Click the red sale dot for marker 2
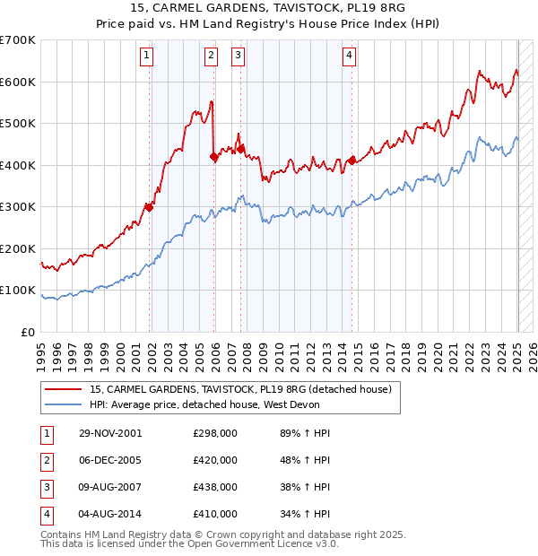click(x=214, y=157)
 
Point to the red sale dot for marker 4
click(x=352, y=161)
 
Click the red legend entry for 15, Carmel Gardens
click(x=240, y=389)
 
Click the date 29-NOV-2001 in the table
click(x=110, y=433)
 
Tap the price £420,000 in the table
click(x=215, y=460)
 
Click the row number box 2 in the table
click(x=46, y=460)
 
